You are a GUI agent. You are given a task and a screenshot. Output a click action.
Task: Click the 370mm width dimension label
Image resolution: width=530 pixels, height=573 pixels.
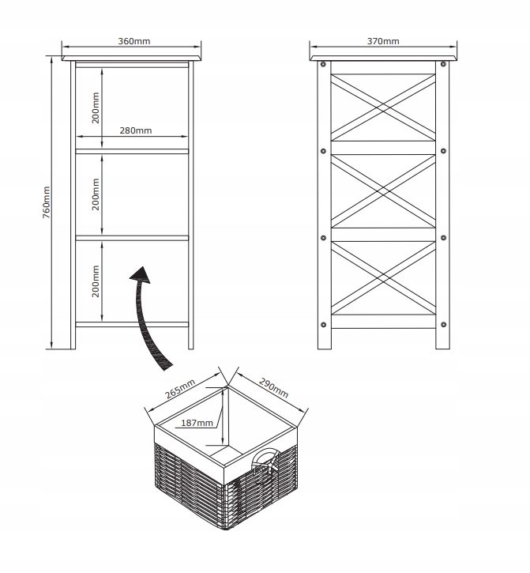(383, 40)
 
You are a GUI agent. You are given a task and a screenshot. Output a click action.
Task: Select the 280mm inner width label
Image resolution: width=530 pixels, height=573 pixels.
(136, 130)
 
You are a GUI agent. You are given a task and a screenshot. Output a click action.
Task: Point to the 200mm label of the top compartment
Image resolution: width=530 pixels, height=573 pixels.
(95, 107)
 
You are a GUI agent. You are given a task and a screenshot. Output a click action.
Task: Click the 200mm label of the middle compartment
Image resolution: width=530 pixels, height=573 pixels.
(95, 194)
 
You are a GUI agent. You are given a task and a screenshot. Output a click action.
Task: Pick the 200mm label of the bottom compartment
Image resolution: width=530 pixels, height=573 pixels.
(95, 281)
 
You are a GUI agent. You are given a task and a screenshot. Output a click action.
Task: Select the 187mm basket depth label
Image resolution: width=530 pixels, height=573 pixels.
(197, 423)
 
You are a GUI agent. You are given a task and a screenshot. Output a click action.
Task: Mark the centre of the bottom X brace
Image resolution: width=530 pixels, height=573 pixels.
(383, 278)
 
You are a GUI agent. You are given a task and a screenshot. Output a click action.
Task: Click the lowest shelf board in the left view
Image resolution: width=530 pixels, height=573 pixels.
(133, 324)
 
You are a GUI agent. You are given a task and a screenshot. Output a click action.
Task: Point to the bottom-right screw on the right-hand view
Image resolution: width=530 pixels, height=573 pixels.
(443, 324)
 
